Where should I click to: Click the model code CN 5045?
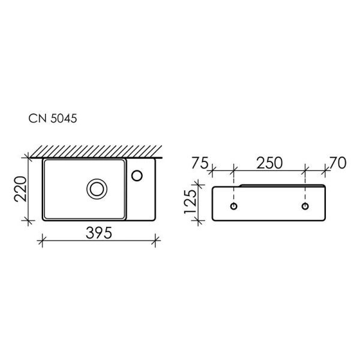[x=52, y=119]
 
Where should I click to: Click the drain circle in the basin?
[x=95, y=189]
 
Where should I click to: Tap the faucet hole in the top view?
[x=137, y=175]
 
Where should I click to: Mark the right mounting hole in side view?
[x=305, y=207]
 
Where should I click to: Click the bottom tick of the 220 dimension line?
[x=27, y=221]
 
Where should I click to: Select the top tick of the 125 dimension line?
[x=196, y=187]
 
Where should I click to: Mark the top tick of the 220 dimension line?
[x=27, y=158]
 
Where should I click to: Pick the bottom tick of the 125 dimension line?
[x=196, y=221]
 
